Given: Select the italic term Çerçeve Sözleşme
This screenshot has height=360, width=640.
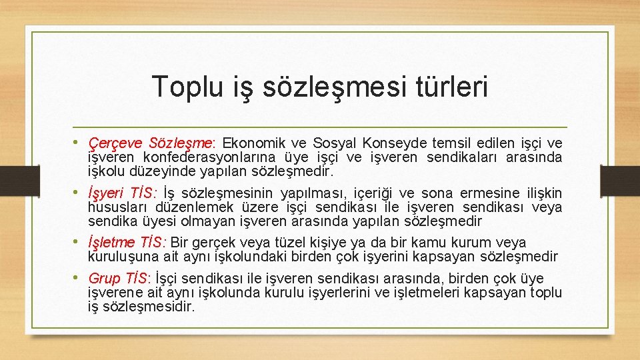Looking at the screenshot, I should (150, 143).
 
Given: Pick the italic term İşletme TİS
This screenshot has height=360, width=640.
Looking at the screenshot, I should (127, 243).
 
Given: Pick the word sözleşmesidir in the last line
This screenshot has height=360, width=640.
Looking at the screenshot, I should (150, 307).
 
